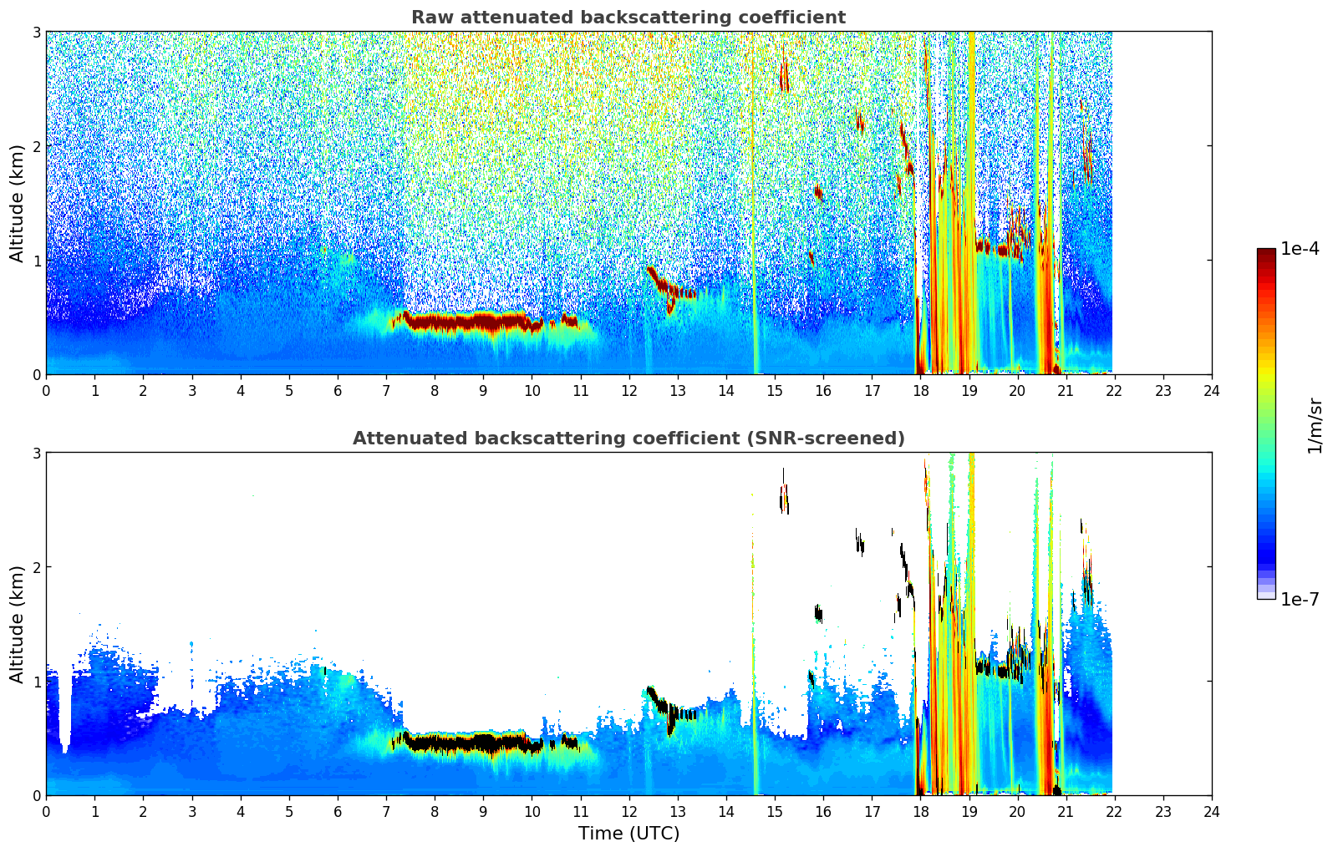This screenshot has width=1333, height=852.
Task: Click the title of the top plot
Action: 628,18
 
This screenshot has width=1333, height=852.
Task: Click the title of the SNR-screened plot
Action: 628,439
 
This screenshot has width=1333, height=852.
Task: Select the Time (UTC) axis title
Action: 628,834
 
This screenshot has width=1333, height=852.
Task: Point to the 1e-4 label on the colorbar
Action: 1300,249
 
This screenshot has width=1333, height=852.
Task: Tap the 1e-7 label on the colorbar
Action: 1300,599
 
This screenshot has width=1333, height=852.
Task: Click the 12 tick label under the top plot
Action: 628,391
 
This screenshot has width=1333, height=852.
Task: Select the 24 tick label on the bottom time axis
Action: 1211,812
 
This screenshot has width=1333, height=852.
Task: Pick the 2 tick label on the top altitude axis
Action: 36,146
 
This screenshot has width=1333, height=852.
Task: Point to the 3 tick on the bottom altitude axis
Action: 36,453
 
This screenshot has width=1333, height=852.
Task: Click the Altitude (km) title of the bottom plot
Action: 18,624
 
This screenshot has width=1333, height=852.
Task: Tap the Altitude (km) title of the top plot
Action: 18,203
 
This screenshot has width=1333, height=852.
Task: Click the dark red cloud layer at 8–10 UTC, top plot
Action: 468,322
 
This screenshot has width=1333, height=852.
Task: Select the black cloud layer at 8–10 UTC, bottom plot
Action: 468,743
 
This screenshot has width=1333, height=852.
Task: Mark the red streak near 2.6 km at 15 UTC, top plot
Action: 784,78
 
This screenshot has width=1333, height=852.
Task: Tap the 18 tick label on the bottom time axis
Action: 920,812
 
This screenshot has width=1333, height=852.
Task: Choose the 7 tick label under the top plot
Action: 386,391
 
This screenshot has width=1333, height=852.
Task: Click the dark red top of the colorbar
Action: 1265,254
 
